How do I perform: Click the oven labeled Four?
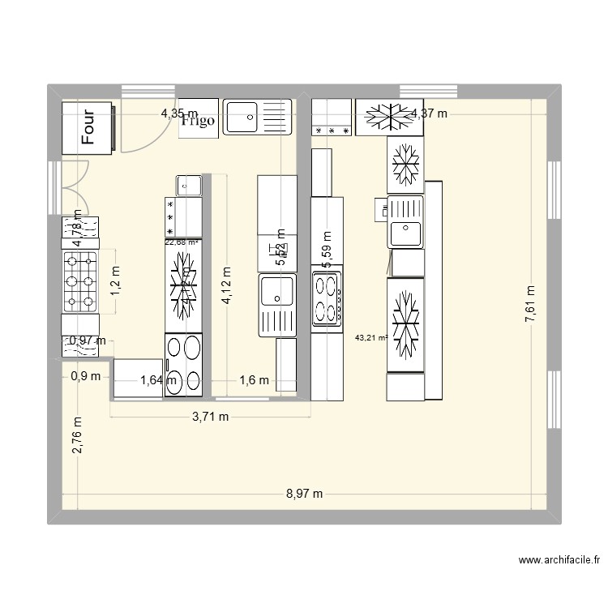(x=88, y=126)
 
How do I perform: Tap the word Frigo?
(x=198, y=121)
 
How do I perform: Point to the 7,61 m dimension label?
(x=531, y=305)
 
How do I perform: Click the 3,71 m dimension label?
(x=210, y=417)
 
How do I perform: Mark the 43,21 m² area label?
(x=371, y=337)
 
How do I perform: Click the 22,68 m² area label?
(x=182, y=242)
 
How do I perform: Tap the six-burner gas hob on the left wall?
(x=80, y=282)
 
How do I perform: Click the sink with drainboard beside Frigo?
(x=257, y=117)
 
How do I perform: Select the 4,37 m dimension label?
(x=429, y=114)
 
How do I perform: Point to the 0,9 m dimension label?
(x=86, y=376)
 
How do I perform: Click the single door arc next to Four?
(x=135, y=131)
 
